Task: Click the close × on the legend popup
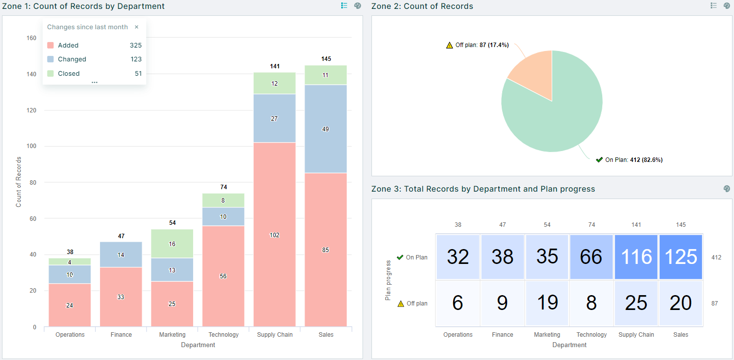click(137, 27)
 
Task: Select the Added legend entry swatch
click(51, 45)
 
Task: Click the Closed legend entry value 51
click(138, 73)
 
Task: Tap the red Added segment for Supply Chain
click(274, 235)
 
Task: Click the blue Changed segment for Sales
click(325, 129)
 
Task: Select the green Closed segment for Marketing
click(172, 244)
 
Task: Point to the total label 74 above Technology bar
click(223, 187)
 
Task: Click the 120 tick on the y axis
click(31, 110)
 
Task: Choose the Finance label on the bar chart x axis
click(121, 335)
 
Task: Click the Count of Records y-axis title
click(19, 182)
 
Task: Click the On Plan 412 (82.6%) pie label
click(633, 160)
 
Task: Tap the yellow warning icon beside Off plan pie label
click(449, 45)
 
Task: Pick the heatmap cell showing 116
click(636, 257)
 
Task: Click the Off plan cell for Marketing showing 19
click(547, 303)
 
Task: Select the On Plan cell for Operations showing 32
click(458, 257)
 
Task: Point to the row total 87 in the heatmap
click(714, 304)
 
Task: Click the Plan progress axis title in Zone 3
click(388, 280)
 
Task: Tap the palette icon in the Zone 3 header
click(727, 189)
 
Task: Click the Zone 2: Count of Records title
click(422, 6)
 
